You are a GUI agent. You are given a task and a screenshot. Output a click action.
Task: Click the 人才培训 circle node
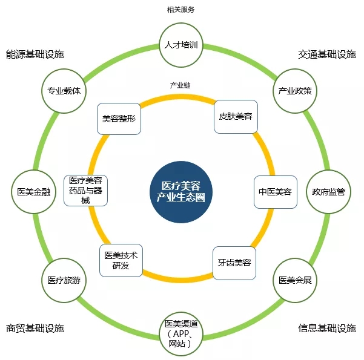point(181,45)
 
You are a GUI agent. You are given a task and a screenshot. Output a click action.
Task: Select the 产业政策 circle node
point(295,91)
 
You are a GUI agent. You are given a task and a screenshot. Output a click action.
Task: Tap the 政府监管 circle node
point(328,192)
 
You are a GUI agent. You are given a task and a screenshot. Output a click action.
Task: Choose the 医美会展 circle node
point(295,280)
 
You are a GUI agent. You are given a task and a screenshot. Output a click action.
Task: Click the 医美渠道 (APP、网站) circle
point(181,334)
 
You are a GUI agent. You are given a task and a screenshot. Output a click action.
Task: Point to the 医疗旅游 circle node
point(64,280)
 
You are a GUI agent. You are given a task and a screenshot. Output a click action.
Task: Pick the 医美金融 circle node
point(34,192)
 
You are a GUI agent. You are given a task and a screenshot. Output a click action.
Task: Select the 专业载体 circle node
point(64,91)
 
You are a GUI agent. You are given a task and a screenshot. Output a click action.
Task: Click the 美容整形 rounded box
point(119,119)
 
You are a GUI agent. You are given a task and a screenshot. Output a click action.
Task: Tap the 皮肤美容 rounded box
point(236,116)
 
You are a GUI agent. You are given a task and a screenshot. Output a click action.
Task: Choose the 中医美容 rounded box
point(276,192)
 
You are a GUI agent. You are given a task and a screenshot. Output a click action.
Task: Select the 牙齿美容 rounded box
point(234,263)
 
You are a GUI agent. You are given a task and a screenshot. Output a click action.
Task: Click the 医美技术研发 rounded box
point(121,260)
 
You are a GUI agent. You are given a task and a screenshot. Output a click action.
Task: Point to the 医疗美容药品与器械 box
point(85,191)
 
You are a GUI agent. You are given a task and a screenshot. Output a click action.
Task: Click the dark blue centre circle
point(181,192)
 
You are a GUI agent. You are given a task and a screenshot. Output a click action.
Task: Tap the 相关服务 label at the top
point(181,10)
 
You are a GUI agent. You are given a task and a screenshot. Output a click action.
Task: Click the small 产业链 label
point(180,85)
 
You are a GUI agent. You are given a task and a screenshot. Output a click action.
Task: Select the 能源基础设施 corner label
point(35,54)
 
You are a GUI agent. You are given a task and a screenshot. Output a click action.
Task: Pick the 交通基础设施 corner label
point(327,54)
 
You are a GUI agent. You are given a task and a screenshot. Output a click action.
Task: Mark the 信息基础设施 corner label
point(327,328)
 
